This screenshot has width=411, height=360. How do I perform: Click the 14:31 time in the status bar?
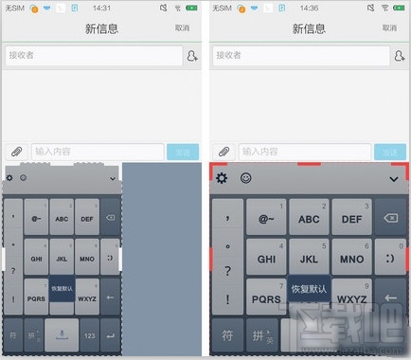(x=102, y=8)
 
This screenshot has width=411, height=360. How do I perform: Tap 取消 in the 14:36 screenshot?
(x=388, y=28)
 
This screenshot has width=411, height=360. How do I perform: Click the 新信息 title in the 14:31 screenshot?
(x=102, y=28)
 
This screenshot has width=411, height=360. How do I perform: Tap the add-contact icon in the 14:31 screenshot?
(x=192, y=57)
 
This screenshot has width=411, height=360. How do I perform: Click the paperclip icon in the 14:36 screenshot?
(x=223, y=152)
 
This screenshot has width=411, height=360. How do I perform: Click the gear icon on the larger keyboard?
(x=222, y=178)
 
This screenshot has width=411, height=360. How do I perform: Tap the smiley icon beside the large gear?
(x=245, y=178)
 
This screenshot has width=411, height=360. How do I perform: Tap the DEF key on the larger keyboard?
(x=351, y=219)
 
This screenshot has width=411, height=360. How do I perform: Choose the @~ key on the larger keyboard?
(x=267, y=219)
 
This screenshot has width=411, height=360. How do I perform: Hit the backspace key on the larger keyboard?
(x=390, y=219)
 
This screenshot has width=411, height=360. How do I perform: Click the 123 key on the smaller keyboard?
(x=91, y=335)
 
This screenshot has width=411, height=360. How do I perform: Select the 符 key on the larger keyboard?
(x=227, y=335)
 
